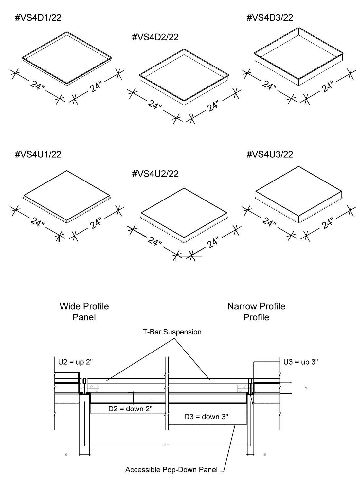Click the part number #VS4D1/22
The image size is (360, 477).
pyautogui.click(x=38, y=18)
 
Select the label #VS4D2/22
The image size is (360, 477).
pyautogui.click(x=155, y=37)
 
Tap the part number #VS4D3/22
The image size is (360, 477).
pyautogui.click(x=270, y=18)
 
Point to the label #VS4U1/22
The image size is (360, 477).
pyautogui.click(x=38, y=154)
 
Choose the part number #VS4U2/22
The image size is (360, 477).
pyautogui.click(x=155, y=174)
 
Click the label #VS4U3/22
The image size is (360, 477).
pyautogui.click(x=270, y=154)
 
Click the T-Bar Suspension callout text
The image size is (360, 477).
pyautogui.click(x=172, y=332)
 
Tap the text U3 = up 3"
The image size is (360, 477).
pyautogui.click(x=300, y=362)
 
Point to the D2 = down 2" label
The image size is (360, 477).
pyautogui.click(x=130, y=409)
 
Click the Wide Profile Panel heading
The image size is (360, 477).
pyautogui.click(x=84, y=312)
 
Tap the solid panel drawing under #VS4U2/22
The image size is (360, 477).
pyautogui.click(x=184, y=215)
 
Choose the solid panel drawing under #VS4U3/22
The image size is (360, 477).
pyautogui.click(x=299, y=195)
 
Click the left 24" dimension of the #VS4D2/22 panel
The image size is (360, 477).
pyautogui.click(x=154, y=105)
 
